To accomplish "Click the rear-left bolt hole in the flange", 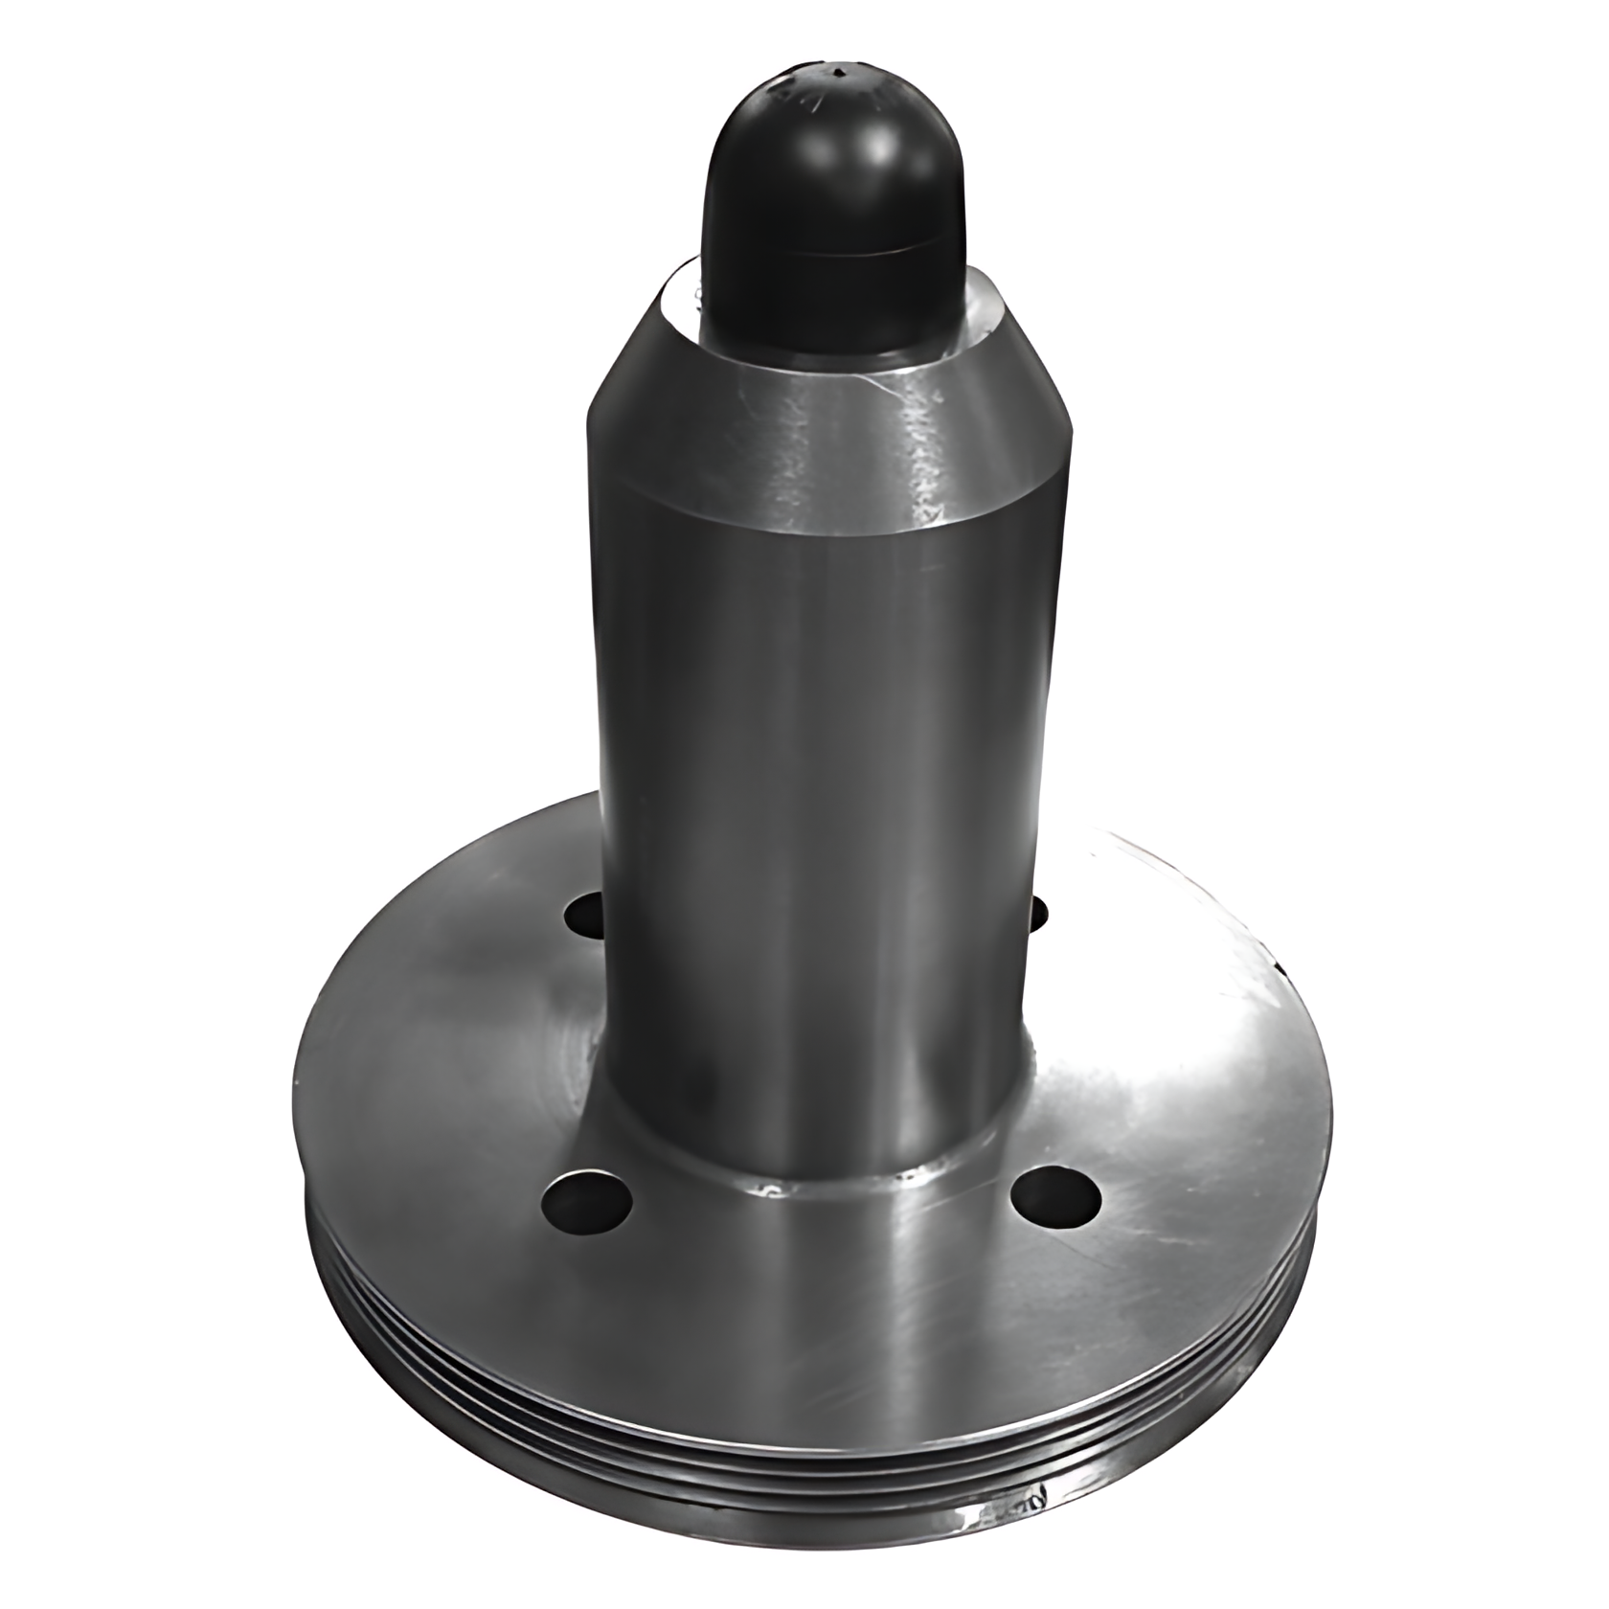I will (x=585, y=918).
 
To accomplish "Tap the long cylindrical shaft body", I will (x=814, y=814).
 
